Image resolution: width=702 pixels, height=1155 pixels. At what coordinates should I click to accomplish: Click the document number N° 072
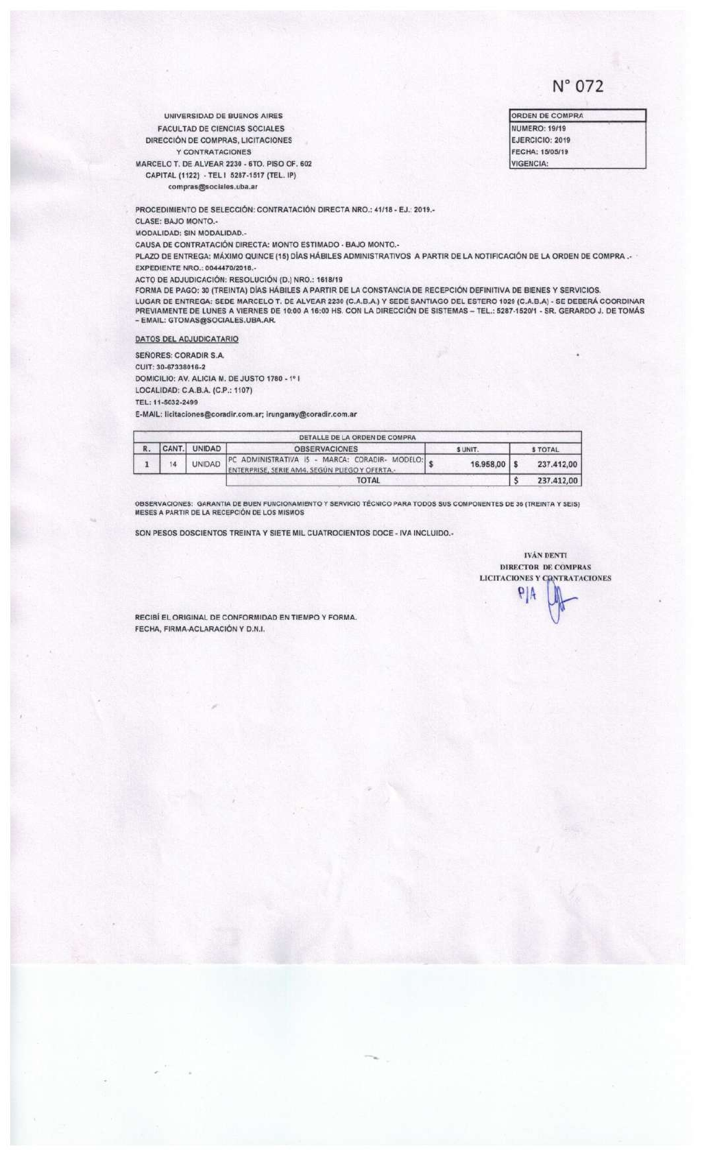(578, 86)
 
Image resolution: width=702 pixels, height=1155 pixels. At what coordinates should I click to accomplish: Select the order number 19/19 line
(538, 128)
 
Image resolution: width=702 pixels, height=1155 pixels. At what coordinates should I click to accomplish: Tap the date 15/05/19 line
(540, 152)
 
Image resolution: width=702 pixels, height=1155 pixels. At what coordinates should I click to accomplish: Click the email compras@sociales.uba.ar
(213, 187)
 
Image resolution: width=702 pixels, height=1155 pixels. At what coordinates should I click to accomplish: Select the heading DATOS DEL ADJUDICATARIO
(186, 339)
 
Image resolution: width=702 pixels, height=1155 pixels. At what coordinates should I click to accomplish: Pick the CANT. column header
(173, 449)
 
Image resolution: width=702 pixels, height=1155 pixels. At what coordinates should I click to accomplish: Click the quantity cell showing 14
(173, 464)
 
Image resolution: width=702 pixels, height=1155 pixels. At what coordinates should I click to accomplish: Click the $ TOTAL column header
(546, 450)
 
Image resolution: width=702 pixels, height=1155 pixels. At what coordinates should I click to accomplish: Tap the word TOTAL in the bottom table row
(368, 481)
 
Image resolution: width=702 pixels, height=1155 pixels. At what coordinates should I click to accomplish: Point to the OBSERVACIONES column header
(325, 449)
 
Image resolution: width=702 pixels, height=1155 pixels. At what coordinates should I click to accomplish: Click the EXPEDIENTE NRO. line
(195, 267)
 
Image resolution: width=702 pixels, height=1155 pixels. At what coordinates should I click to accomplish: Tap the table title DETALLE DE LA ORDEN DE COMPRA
(357, 437)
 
